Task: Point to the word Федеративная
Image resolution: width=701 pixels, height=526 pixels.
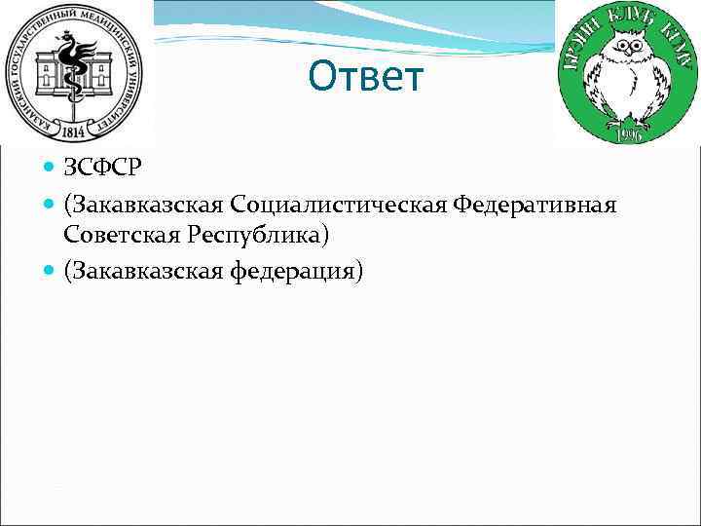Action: tap(541, 207)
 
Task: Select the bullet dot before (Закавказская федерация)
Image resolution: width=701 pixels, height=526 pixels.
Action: tap(52, 270)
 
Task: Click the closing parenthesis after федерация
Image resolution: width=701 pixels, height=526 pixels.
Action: tap(359, 271)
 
